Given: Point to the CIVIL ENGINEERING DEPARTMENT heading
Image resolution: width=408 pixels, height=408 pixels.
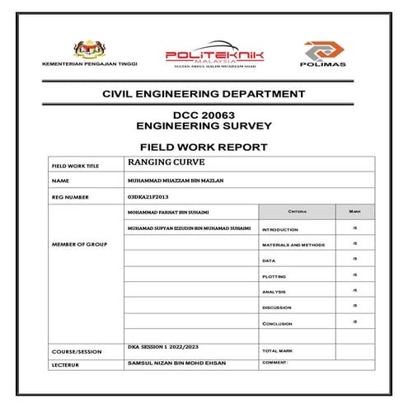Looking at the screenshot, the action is (x=204, y=96).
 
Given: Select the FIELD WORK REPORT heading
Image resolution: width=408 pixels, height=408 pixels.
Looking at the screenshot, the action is (x=204, y=147).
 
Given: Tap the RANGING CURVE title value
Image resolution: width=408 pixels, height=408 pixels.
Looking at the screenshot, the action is (x=162, y=162).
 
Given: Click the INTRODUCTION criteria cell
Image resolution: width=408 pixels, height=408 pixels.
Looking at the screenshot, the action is (x=280, y=229).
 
